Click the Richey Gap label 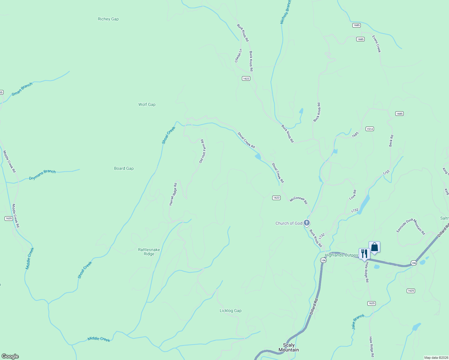tap(108, 19)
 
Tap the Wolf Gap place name tap(147, 104)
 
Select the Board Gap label tap(124, 168)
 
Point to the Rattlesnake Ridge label tap(149, 252)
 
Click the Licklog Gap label tap(231, 310)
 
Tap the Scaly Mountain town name tap(288, 347)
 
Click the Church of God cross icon tap(306, 223)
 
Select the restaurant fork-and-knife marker tap(364, 253)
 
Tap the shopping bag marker tap(374, 247)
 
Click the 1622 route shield tap(246, 79)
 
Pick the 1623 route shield tap(276, 198)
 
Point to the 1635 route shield tap(9, 218)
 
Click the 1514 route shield tap(369, 129)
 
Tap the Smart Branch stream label tap(22, 89)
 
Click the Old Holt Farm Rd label tap(202, 151)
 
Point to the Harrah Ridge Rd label tap(173, 194)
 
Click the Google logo tap(10, 356)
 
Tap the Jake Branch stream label tap(358, 322)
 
